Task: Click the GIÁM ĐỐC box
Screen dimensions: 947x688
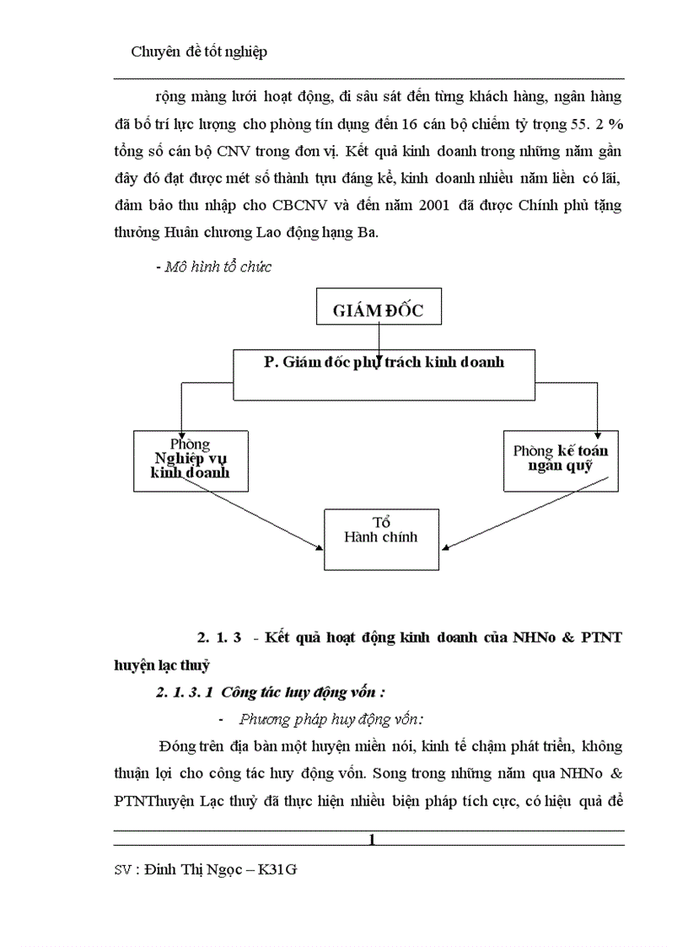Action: (x=378, y=309)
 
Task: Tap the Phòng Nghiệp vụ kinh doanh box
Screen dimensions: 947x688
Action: (x=191, y=460)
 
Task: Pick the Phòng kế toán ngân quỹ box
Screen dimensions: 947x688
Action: (x=560, y=460)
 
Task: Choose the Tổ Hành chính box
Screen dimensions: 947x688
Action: (x=381, y=539)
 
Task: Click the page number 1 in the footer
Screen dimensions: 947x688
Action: (x=372, y=839)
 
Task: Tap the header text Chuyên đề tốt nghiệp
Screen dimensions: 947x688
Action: (x=199, y=52)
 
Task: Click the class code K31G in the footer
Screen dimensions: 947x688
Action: (x=277, y=869)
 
